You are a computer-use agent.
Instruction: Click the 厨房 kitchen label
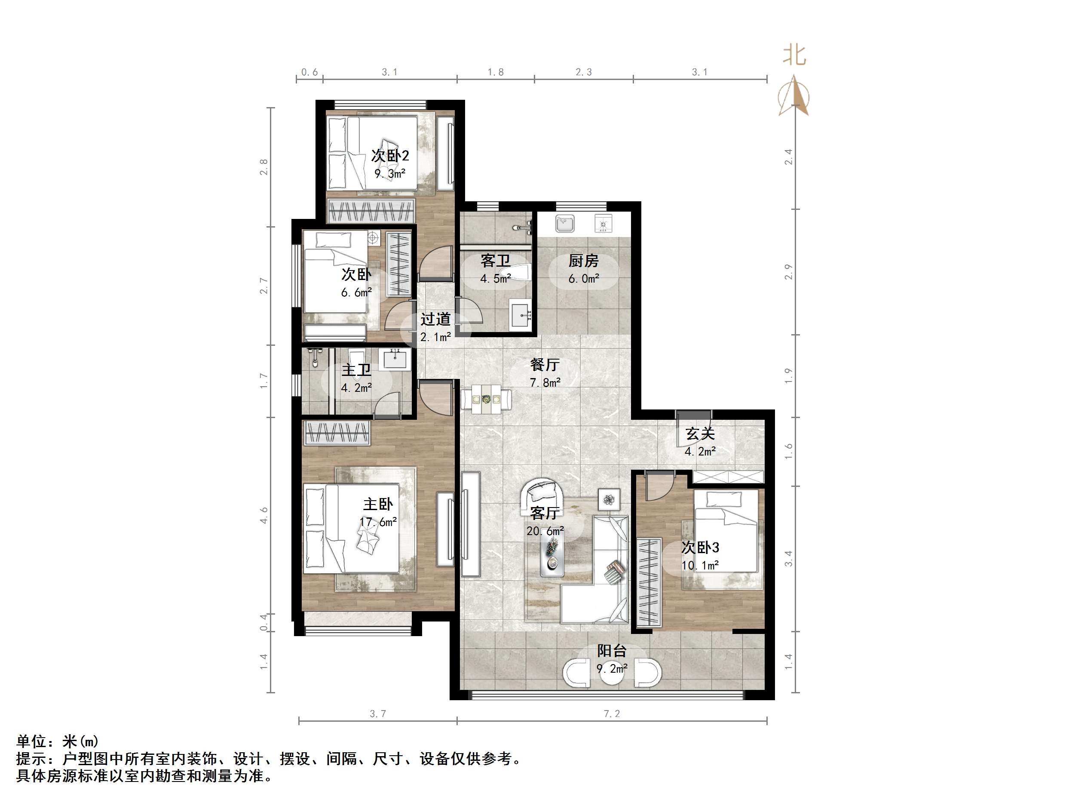[583, 261]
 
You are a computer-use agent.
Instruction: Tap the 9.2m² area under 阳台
[612, 669]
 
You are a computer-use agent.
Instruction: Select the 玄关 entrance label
[700, 434]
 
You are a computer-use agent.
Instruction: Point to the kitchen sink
[565, 223]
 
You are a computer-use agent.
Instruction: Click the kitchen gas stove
[603, 223]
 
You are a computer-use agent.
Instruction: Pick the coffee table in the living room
[552, 557]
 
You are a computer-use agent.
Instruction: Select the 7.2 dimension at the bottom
[612, 714]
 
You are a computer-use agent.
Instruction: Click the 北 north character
[794, 55]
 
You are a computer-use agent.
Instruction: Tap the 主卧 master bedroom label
[378, 505]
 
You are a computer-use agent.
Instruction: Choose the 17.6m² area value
[378, 522]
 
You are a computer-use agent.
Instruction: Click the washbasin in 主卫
[395, 359]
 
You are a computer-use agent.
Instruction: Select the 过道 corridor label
[435, 319]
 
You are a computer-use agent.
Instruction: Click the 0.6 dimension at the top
[309, 72]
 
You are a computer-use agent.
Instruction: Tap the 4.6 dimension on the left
[263, 515]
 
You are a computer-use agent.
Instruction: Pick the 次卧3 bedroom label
[700, 548]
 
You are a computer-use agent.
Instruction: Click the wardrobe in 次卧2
[371, 211]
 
